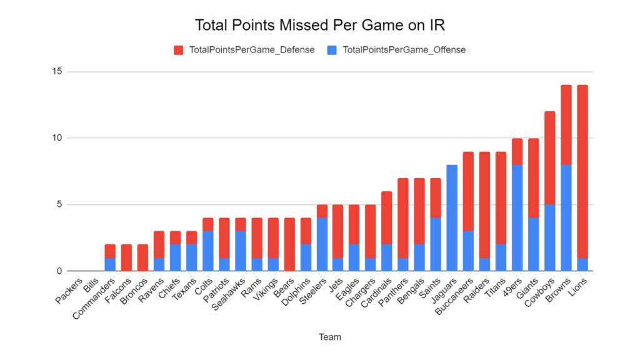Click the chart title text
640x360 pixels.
(319, 25)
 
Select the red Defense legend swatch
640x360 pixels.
(178, 50)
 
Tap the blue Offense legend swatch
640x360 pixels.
(331, 50)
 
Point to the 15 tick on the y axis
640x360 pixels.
(57, 71)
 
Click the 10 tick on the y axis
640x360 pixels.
(57, 138)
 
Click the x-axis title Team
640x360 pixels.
(330, 337)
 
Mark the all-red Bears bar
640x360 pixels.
(289, 244)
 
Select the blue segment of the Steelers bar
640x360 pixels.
(322, 244)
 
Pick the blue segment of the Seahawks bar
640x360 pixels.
(241, 251)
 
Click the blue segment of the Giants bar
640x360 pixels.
(533, 244)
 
